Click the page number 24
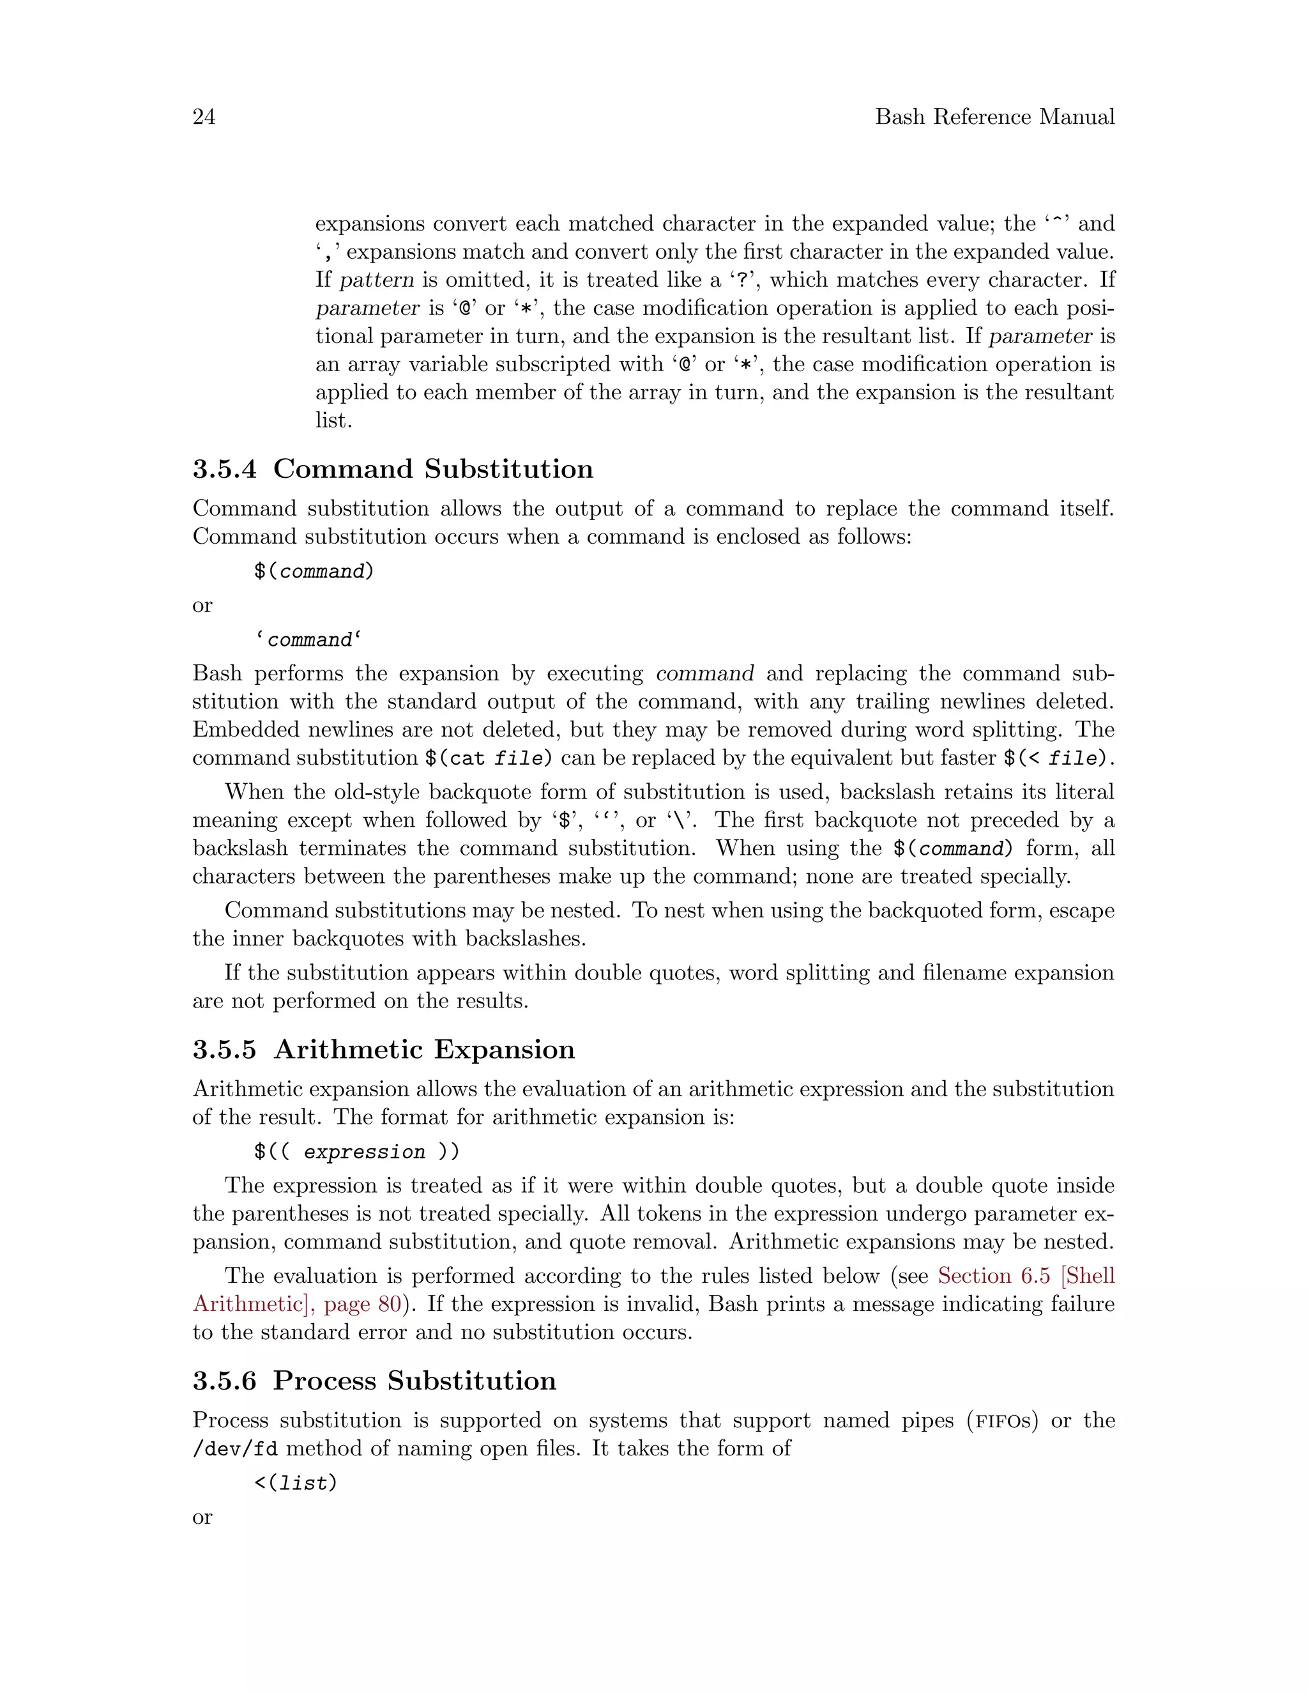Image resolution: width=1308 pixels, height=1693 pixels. click(204, 117)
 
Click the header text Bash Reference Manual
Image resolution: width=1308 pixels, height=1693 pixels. click(994, 117)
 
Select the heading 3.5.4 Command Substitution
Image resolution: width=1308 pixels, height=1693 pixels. click(393, 469)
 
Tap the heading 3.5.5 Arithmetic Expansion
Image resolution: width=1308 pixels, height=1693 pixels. click(384, 1050)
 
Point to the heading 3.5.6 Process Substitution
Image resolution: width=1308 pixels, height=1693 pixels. click(374, 1381)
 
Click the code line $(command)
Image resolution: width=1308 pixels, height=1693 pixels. click(314, 571)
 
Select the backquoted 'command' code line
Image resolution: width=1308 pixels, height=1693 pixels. click(308, 640)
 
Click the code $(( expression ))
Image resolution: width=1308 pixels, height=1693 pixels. click(356, 1152)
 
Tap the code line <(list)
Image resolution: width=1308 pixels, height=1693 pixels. click(295, 1483)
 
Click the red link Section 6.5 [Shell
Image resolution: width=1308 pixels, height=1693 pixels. click(1025, 1276)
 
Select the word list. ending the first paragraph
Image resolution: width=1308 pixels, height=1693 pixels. click(333, 420)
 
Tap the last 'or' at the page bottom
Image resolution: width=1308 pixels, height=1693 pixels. click(202, 1517)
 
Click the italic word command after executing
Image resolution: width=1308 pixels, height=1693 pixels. click(704, 673)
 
